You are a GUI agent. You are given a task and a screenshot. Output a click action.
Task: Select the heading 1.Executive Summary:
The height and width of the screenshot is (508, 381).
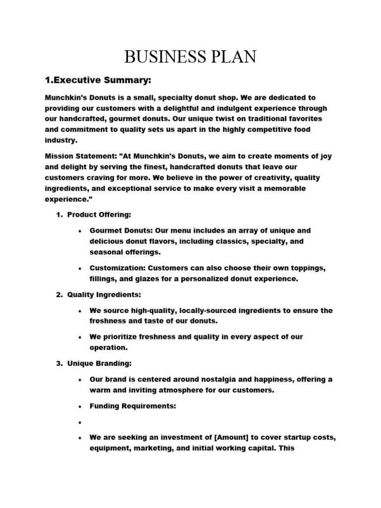(x=98, y=80)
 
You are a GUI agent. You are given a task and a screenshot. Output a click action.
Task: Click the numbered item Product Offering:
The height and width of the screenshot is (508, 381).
(x=99, y=214)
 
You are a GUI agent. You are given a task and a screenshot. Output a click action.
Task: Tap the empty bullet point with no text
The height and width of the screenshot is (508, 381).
(x=80, y=422)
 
